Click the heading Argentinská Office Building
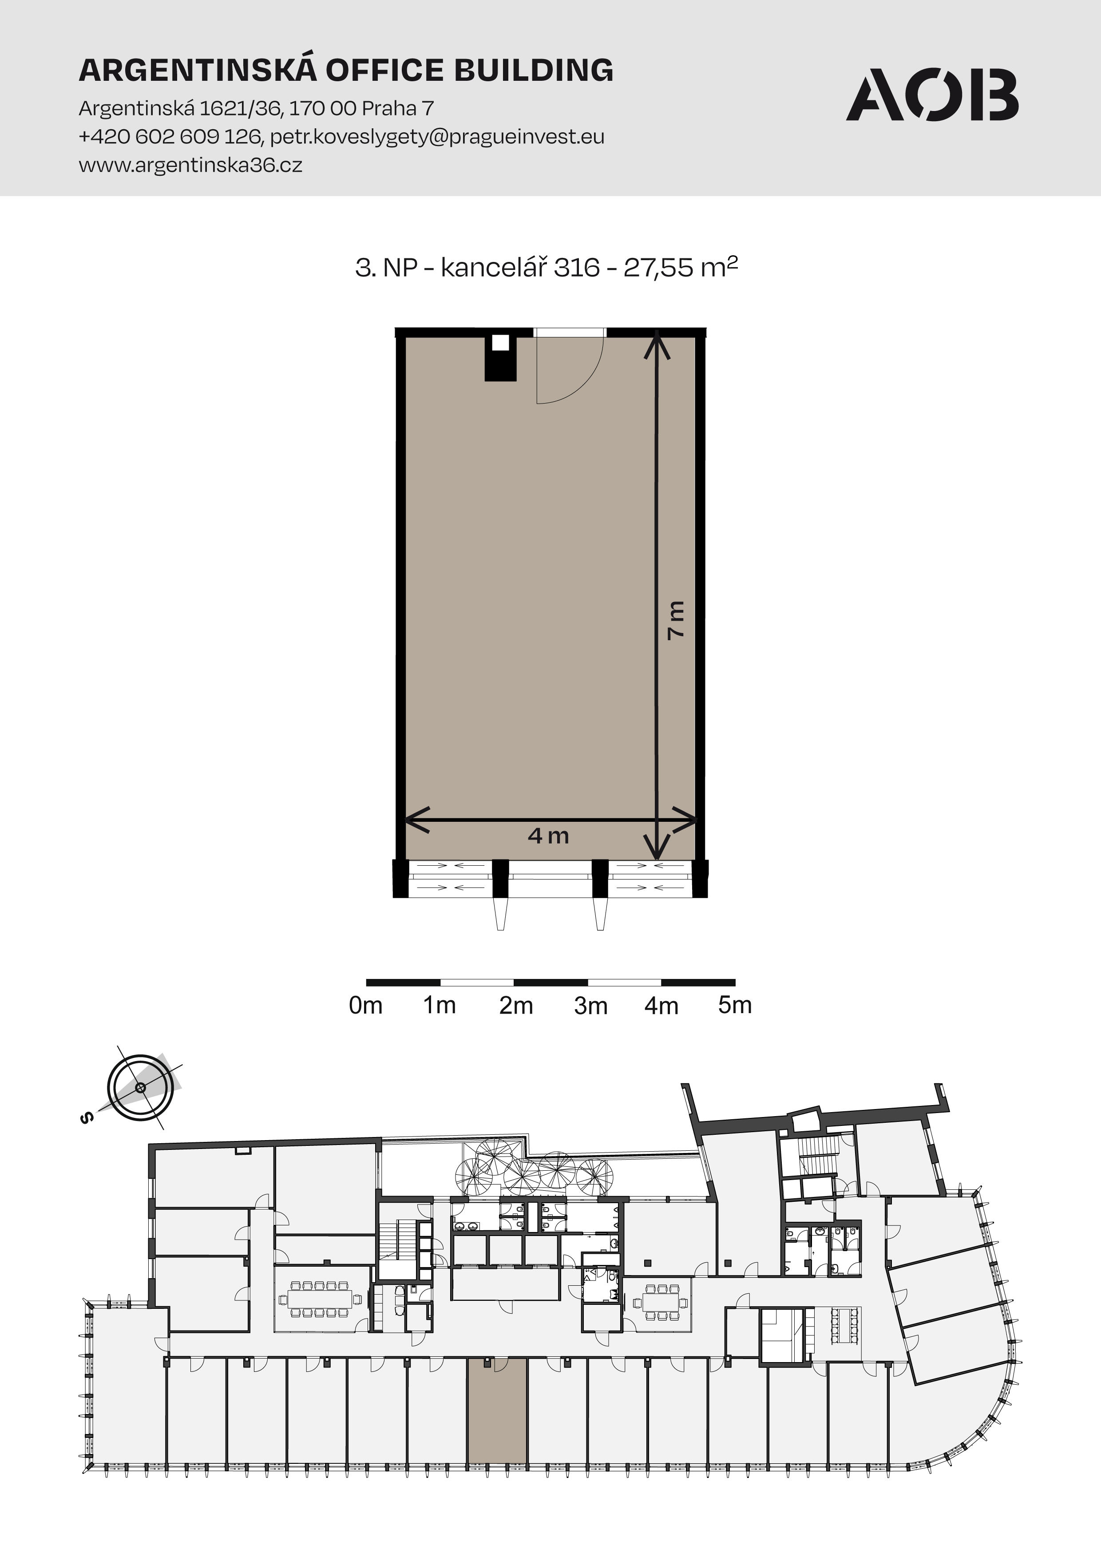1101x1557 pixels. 346,70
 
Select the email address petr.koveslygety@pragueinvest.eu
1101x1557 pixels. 437,137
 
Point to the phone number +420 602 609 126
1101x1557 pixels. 170,137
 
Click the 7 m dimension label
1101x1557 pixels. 676,620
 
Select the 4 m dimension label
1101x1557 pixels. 548,836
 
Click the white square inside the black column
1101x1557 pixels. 500,342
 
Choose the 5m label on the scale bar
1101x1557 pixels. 735,1005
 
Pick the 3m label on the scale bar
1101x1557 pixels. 590,1006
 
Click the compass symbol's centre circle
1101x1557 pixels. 140,1088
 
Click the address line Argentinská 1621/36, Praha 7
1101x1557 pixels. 256,108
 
